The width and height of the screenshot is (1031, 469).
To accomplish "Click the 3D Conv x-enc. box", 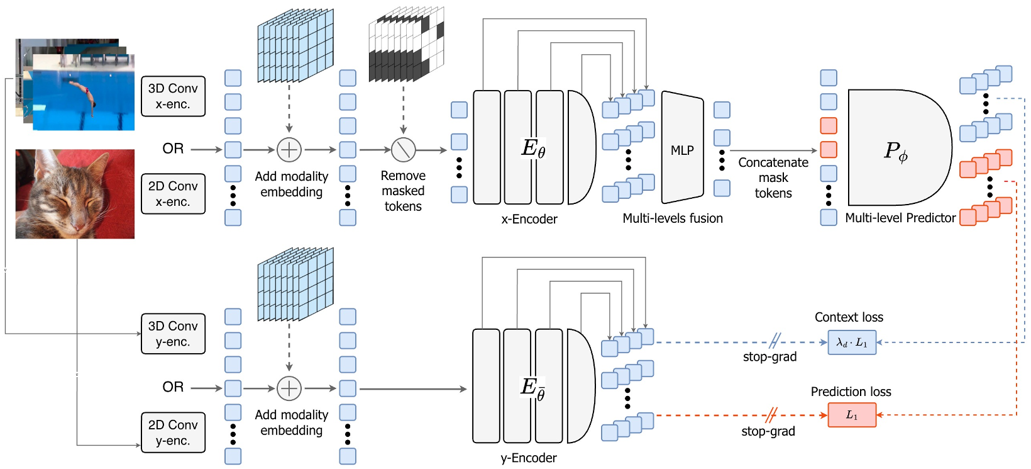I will point(173,96).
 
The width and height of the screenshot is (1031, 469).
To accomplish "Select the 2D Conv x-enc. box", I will point(173,194).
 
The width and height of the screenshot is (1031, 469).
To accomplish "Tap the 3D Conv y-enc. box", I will point(173,334).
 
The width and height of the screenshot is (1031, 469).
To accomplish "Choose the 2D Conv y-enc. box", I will point(173,432).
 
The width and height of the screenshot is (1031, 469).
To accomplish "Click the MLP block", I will point(682,150).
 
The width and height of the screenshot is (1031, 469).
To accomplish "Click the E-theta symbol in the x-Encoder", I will point(533,149).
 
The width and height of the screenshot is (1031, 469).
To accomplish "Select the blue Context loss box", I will point(851,342).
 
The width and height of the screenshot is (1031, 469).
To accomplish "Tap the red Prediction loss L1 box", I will point(851,415).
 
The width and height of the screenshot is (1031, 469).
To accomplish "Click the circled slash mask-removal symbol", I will point(403,150).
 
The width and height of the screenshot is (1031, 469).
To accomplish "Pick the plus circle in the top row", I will point(289,150).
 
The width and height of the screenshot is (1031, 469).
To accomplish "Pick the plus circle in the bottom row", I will point(289,388).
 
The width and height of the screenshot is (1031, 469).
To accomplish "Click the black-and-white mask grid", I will point(405,47).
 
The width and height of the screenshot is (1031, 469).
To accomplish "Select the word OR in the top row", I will point(173,149).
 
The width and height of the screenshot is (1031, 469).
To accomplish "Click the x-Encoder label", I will point(529,219).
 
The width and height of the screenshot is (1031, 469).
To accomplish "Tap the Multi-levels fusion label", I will point(672,218).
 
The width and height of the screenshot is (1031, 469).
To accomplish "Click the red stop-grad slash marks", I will point(771,415).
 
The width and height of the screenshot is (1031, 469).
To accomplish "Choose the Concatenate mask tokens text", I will point(773,178).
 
